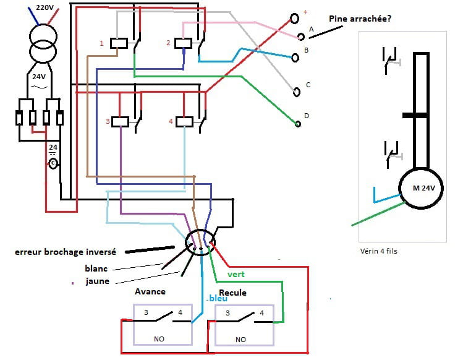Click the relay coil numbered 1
pyautogui.click(x=119, y=43)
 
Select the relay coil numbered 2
pyautogui.click(x=182, y=43)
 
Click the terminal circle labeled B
pyautogui.click(x=296, y=58)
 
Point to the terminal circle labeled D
pyautogui.click(x=298, y=124)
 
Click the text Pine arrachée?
pyautogui.click(x=360, y=19)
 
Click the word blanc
pyautogui.click(x=96, y=268)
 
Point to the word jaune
pyautogui.click(x=98, y=281)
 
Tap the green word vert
pyautogui.click(x=237, y=273)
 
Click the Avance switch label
pyautogui.click(x=150, y=291)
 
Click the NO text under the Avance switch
pyautogui.click(x=159, y=339)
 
